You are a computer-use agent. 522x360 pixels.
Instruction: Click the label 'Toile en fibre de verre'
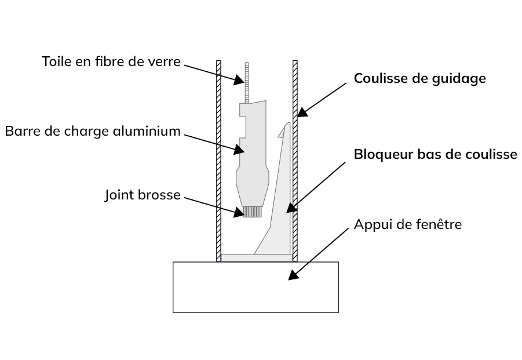coord(111,61)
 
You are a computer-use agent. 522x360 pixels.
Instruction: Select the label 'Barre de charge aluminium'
coord(93,131)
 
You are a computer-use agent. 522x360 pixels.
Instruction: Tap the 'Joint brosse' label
coord(143,195)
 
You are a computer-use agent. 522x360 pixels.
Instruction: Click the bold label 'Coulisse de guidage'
coord(420,79)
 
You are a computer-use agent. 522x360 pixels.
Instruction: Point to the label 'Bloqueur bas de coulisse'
coord(436,155)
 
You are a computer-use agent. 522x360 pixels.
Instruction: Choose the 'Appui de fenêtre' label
coord(408,224)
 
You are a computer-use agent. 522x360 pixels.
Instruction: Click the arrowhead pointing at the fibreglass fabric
coord(240,80)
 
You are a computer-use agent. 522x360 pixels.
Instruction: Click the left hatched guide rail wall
coord(218,161)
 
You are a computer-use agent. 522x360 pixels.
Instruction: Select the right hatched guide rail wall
coord(295,161)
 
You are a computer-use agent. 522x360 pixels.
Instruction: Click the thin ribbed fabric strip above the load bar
coord(247,82)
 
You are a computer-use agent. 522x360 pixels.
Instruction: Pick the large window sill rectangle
coord(255,287)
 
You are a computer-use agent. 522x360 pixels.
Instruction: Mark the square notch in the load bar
coord(243,127)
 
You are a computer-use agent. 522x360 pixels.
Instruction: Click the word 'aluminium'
coord(147,131)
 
